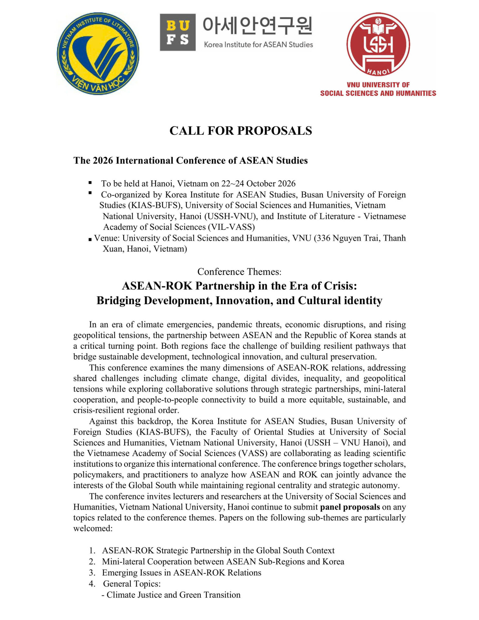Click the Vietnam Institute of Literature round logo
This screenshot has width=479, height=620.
pos(98,54)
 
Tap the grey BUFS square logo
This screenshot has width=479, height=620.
pos(178,32)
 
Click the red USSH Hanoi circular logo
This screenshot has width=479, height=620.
pos(378,44)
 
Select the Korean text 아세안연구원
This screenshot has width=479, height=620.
pos(257,26)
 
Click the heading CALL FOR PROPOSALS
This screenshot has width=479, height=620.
pos(241,131)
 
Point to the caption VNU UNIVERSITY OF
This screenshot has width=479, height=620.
pos(378,85)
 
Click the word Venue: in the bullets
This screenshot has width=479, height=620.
pos(107,238)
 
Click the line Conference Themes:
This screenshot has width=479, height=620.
pos(239,272)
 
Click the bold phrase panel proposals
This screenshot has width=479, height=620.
pos(350,507)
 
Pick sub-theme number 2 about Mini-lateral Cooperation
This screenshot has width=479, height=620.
pos(223,562)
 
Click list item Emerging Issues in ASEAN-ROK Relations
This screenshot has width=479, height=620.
pos(181,573)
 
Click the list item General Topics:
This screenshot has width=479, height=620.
pos(132,584)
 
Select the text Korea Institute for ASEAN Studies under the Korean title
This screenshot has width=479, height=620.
pos(258,45)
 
